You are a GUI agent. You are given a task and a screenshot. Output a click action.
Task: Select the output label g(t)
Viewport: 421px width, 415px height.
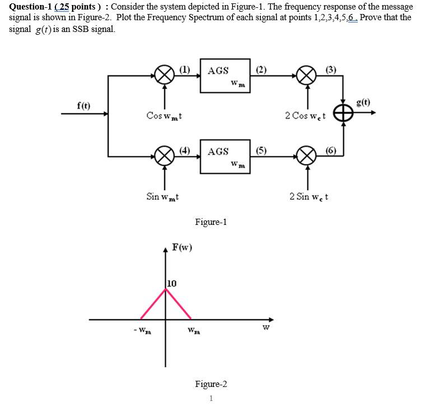click(363, 102)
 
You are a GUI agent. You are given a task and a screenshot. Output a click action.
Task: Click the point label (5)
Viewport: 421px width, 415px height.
click(261, 150)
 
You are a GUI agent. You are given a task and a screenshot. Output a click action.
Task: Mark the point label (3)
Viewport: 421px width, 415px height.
click(331, 70)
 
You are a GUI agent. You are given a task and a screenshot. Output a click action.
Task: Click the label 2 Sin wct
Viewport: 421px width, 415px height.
click(309, 197)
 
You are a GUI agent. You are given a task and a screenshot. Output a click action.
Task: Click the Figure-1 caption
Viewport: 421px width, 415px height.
click(210, 222)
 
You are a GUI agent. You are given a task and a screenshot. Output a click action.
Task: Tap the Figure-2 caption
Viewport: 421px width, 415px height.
click(210, 384)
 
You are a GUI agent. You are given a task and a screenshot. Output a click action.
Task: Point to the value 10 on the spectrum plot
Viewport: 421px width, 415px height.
click(171, 284)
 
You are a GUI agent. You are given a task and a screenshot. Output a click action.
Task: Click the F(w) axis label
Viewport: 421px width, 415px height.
click(182, 247)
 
